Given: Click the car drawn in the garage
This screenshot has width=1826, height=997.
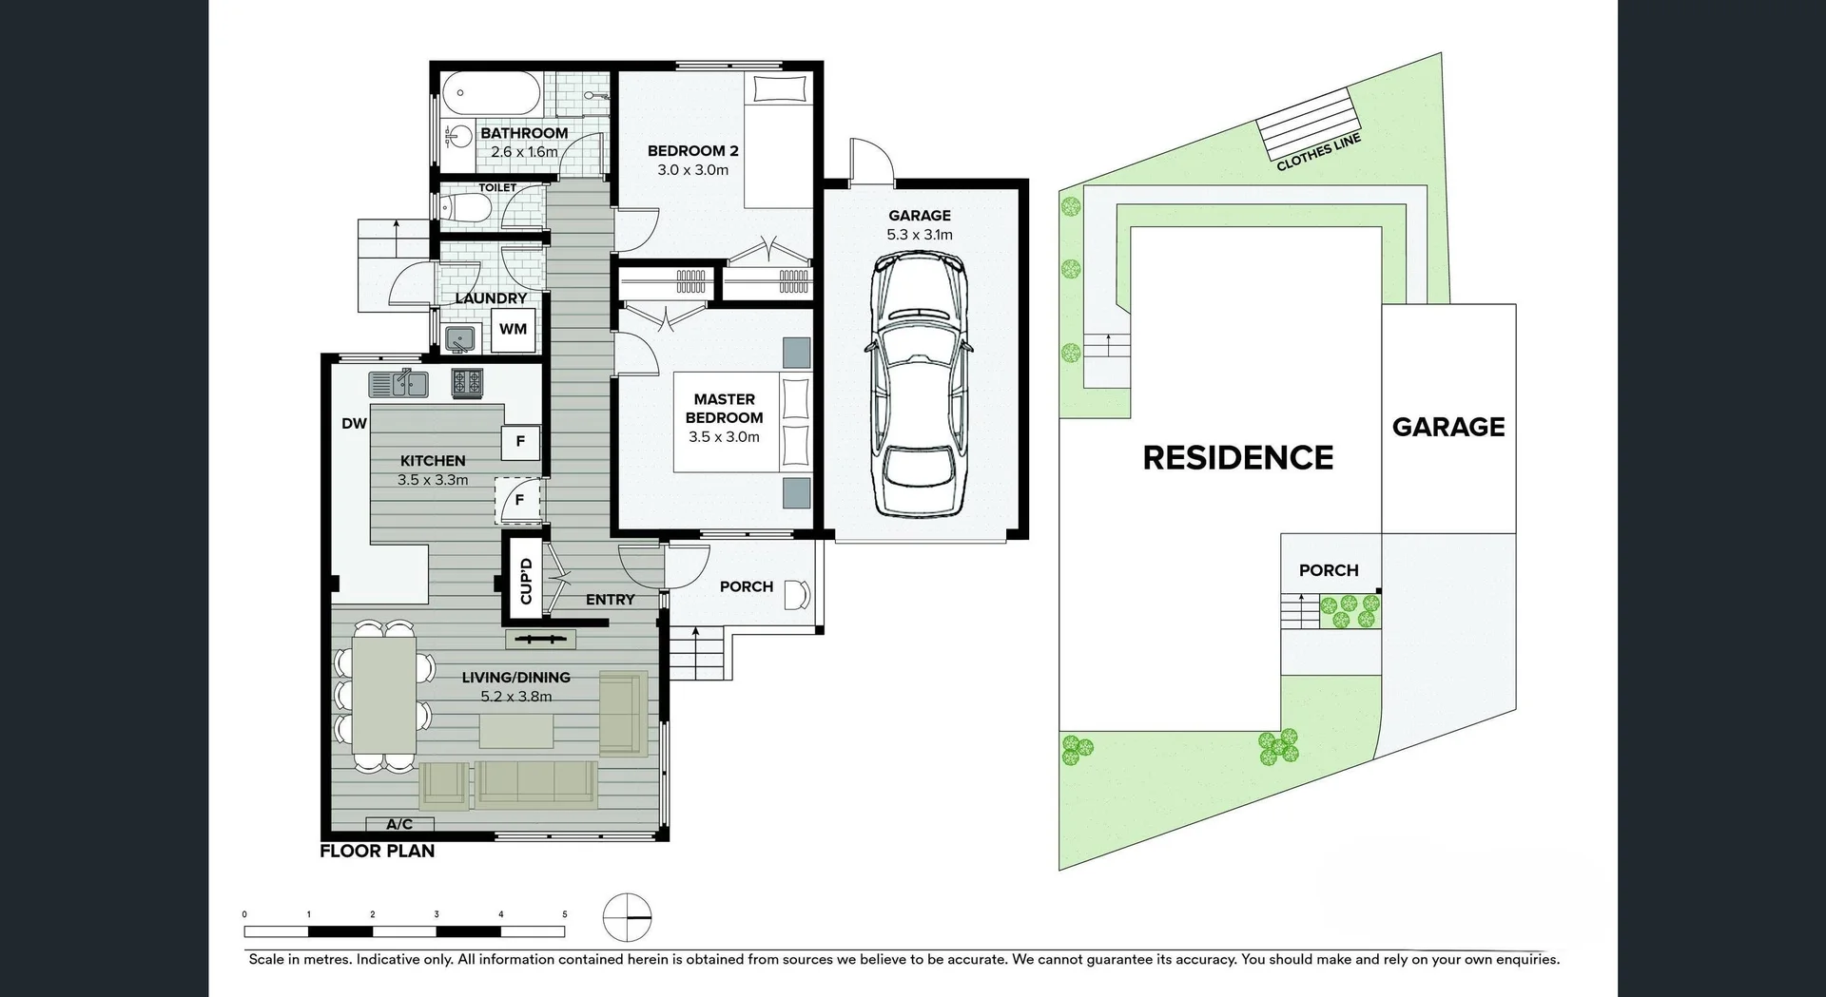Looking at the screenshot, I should click(919, 385).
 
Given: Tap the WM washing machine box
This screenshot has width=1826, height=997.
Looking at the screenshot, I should click(513, 330).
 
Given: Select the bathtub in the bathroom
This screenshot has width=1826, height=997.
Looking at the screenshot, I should click(491, 93).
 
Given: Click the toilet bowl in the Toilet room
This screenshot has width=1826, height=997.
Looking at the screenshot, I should click(466, 207).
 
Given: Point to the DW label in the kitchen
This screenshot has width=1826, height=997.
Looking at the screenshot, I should click(354, 424).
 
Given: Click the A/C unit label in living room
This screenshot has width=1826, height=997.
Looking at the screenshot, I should click(399, 824).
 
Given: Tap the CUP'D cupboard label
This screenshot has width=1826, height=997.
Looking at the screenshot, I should click(525, 581).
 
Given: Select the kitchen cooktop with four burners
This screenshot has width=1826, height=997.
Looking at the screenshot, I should click(467, 382).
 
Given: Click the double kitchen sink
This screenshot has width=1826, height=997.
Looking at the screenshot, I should click(398, 384).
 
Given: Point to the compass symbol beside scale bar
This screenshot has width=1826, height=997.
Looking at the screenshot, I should click(627, 918).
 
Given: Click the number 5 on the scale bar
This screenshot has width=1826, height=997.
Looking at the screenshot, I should click(564, 914).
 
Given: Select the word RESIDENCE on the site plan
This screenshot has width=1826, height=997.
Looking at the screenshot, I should click(1237, 458).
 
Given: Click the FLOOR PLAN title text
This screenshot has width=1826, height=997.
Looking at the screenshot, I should click(377, 852).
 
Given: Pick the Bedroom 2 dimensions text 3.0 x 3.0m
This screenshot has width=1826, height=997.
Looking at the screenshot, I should click(692, 170).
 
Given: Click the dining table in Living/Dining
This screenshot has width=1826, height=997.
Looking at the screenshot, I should click(383, 695).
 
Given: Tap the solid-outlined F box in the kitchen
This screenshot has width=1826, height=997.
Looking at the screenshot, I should click(520, 441).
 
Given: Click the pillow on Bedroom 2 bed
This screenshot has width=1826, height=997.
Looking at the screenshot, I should click(780, 89).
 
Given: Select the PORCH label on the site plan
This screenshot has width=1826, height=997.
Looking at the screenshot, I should click(1329, 570).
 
